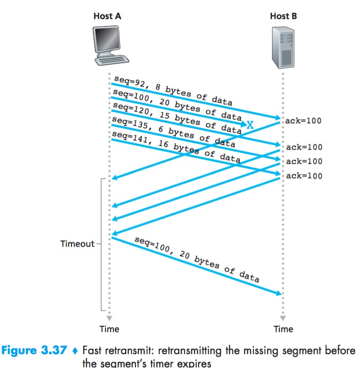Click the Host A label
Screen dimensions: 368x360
[x=107, y=16]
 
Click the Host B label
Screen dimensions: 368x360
[x=283, y=16]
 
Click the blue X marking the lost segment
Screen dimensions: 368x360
[x=250, y=125]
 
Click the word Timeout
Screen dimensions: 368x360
[x=77, y=243]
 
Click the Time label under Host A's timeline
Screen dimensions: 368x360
[x=109, y=329]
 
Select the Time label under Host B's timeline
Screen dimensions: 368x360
[x=283, y=329]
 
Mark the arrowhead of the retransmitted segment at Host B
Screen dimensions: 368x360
[x=280, y=293]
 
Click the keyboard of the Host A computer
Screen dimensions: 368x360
[x=112, y=60]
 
